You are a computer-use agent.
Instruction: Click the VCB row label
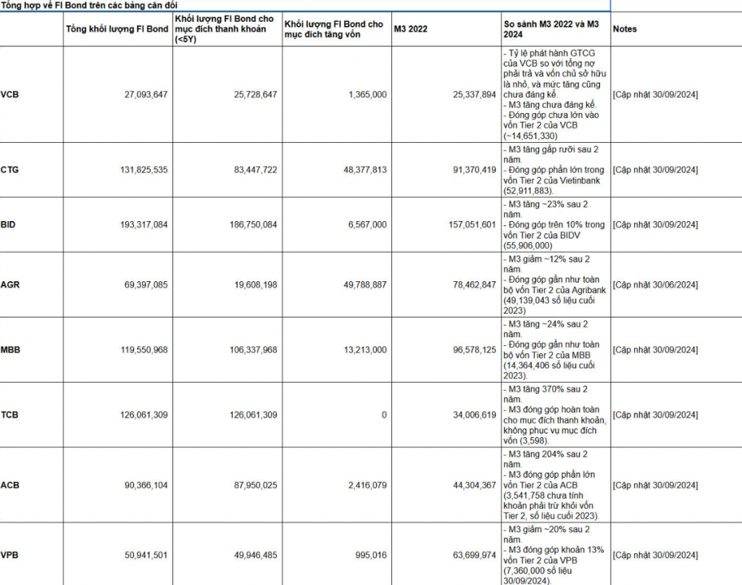(10, 95)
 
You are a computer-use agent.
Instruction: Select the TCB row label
(10, 415)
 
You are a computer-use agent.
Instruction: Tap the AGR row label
(10, 285)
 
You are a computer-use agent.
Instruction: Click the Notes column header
(625, 29)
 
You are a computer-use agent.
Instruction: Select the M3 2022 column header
(411, 29)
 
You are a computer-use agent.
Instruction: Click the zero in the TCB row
(384, 415)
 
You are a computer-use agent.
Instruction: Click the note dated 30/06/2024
(655, 285)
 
